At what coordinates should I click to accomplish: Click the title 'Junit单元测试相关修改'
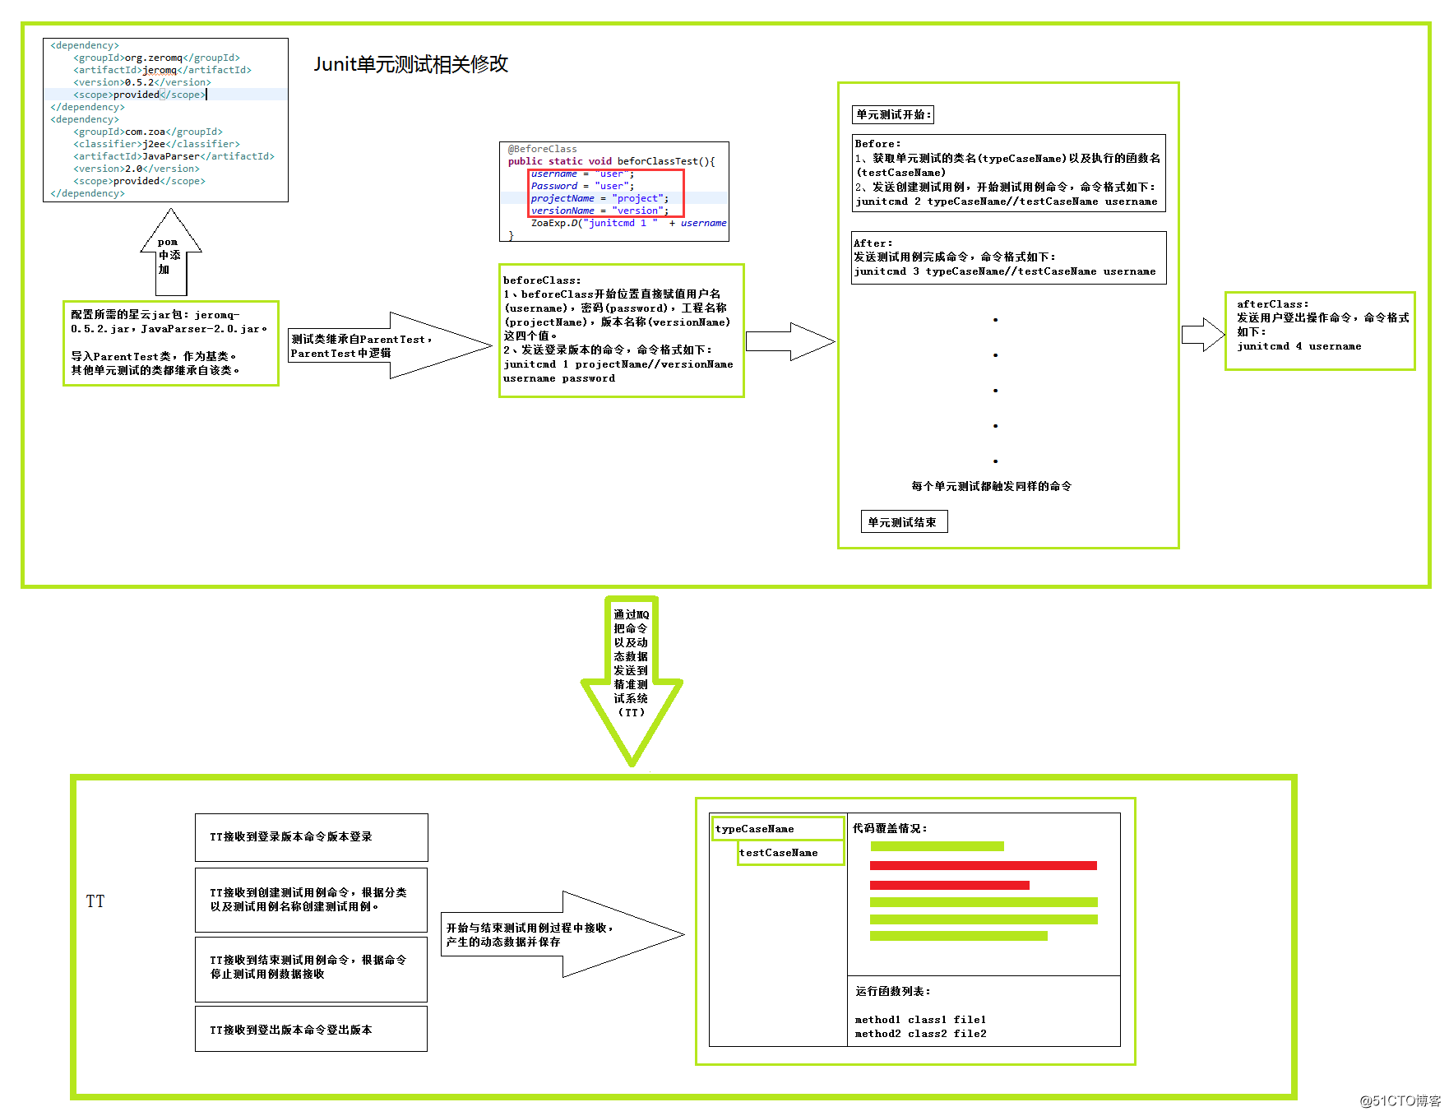pyautogui.click(x=410, y=64)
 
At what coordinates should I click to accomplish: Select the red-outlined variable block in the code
pyautogui.click(x=605, y=192)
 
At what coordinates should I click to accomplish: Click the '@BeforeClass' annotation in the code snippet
pyautogui.click(x=543, y=149)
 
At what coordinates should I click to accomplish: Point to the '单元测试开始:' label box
pyautogui.click(x=893, y=114)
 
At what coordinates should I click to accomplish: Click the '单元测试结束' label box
pyautogui.click(x=903, y=522)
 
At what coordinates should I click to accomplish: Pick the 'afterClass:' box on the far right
pyautogui.click(x=1319, y=331)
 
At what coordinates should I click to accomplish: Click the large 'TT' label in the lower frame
pyautogui.click(x=95, y=901)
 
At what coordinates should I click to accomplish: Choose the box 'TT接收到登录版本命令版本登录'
pyautogui.click(x=311, y=837)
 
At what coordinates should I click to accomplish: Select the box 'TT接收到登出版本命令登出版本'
pyautogui.click(x=311, y=1029)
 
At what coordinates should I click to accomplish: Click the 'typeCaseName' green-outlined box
pyautogui.click(x=777, y=828)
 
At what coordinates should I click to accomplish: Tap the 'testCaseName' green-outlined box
pyautogui.click(x=789, y=853)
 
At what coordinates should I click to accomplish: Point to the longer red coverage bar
pyautogui.click(x=983, y=865)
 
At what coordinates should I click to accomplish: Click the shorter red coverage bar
pyautogui.click(x=949, y=885)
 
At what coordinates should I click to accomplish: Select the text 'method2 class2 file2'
pyautogui.click(x=920, y=1034)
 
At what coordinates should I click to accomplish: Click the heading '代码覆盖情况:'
pyautogui.click(x=890, y=828)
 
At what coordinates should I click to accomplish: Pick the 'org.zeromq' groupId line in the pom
pyautogui.click(x=156, y=58)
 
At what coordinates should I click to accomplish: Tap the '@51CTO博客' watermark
pyautogui.click(x=1400, y=1100)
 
